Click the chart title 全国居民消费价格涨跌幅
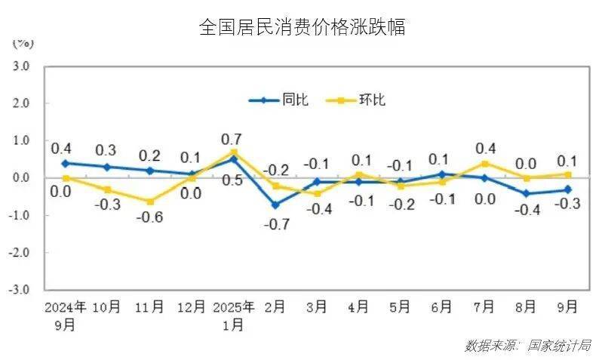(302, 28)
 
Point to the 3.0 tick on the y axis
(20, 66)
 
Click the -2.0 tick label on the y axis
(19, 253)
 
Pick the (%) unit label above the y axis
(21, 43)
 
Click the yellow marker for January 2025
(234, 152)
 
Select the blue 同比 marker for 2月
(276, 205)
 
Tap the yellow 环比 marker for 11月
(150, 202)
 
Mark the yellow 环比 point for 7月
(485, 164)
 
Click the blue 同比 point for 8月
(527, 193)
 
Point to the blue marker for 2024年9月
(66, 163)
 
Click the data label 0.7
(231, 140)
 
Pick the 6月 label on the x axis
(442, 307)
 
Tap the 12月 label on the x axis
(191, 307)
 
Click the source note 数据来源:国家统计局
(527, 345)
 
